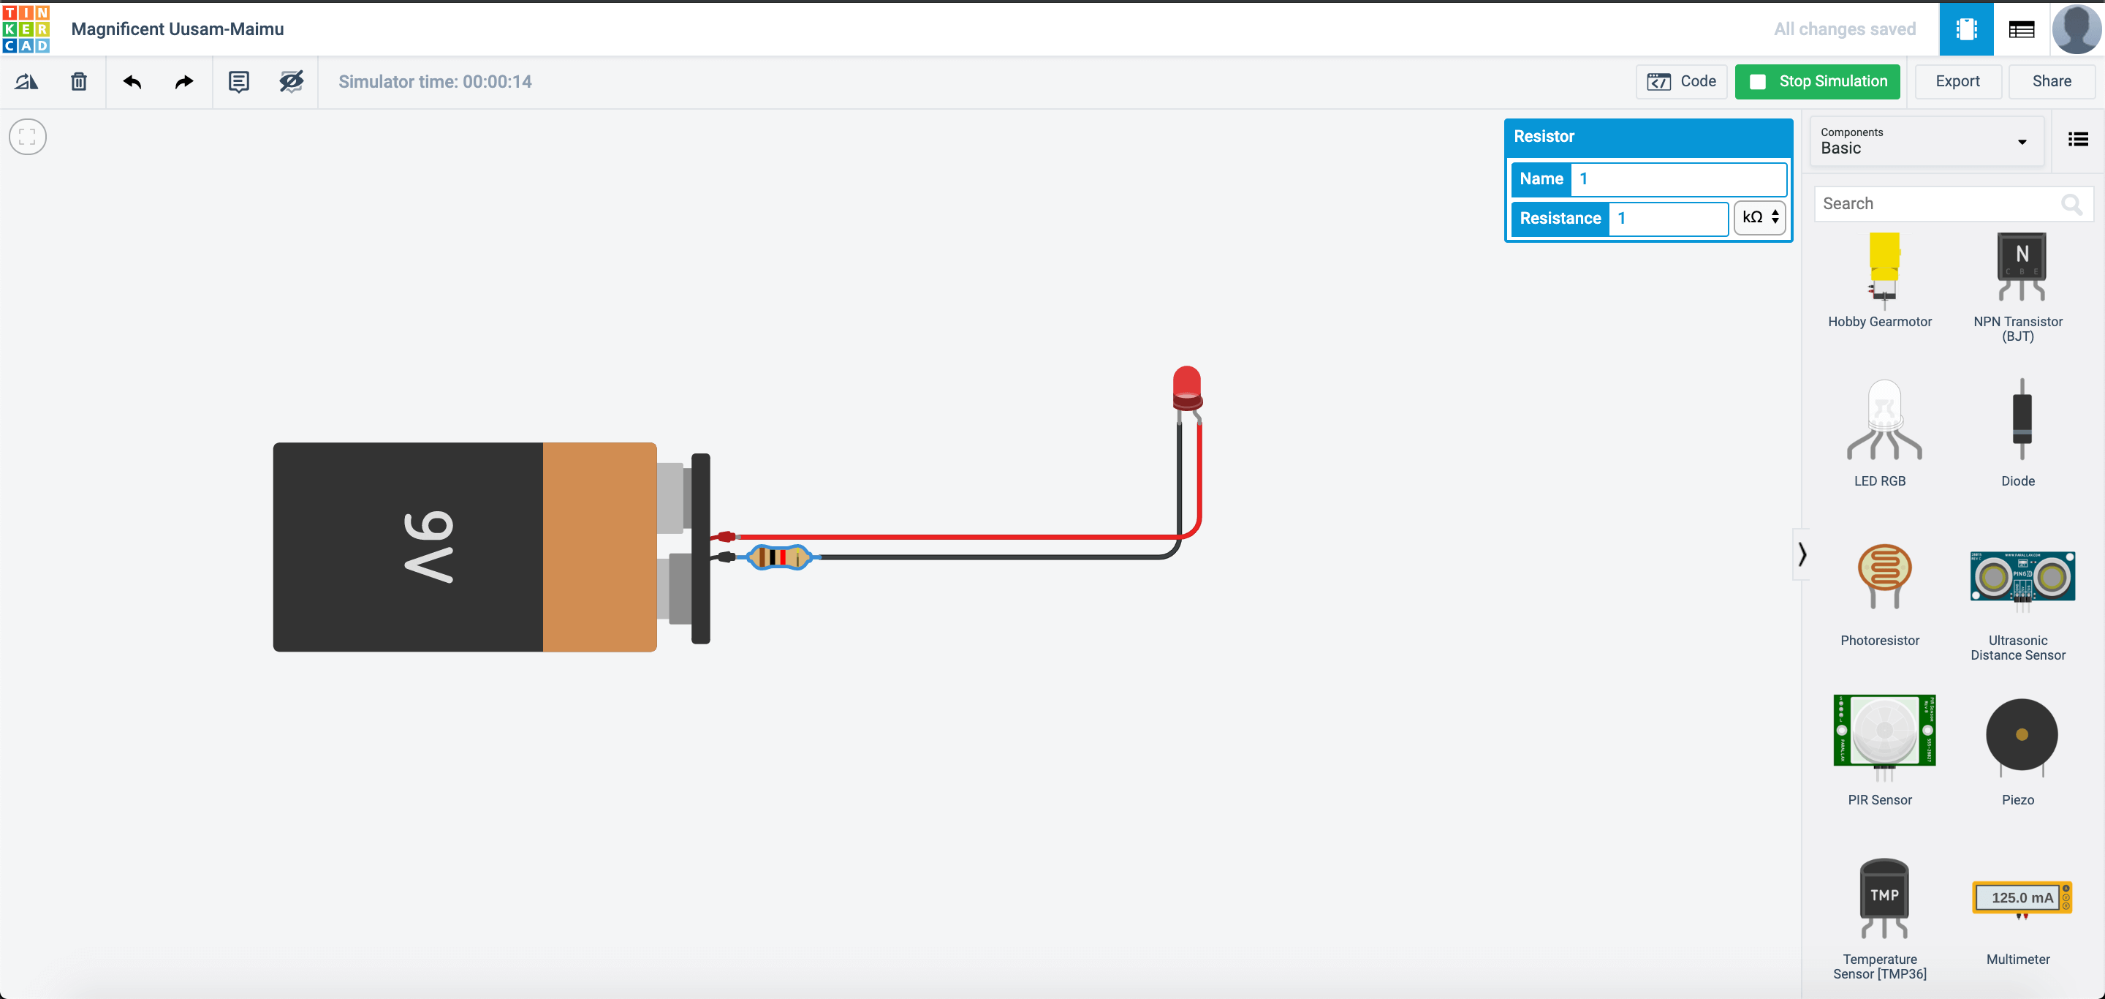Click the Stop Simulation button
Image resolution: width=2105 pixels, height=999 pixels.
(1816, 82)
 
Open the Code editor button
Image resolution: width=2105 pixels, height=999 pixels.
(1681, 82)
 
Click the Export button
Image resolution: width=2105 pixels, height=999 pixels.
(1957, 82)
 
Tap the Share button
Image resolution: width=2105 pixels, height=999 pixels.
(2050, 82)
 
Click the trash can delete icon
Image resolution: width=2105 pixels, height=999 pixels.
(78, 82)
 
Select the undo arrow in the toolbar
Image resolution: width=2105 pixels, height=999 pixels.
(132, 82)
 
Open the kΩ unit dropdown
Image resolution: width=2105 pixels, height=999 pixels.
(1759, 217)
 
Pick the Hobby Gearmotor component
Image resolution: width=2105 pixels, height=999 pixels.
(1883, 271)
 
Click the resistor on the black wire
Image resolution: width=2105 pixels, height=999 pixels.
(778, 557)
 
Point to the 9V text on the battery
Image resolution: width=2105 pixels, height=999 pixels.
(428, 546)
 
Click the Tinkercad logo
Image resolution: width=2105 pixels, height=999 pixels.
(26, 29)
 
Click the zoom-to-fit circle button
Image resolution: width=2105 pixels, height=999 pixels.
(28, 137)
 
